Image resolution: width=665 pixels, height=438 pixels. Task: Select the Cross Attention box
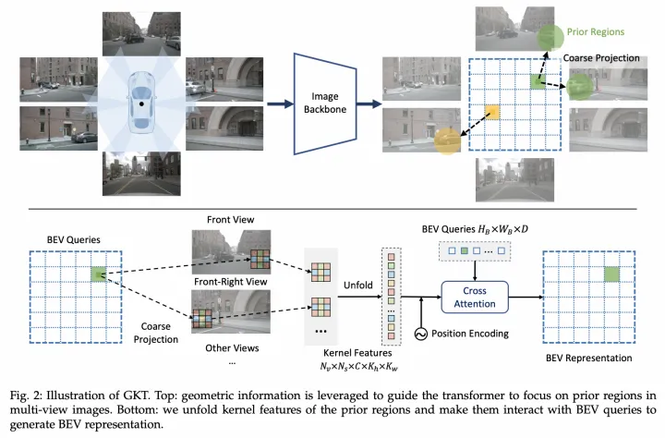click(475, 298)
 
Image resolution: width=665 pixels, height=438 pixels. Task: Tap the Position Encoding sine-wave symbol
click(421, 335)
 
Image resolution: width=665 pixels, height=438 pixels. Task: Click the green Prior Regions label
click(596, 31)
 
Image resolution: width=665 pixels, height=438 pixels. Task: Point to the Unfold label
click(358, 285)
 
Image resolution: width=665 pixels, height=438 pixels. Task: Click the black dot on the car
click(141, 104)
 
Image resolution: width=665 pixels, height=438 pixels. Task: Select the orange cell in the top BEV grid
click(492, 113)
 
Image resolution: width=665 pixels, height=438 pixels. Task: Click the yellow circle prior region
click(447, 140)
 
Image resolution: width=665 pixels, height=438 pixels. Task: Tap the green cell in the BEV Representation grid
click(611, 274)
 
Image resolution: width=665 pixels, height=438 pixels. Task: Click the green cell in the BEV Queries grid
click(99, 274)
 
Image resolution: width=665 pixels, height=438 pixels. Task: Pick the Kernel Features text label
click(357, 353)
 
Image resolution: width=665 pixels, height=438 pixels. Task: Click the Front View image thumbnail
click(231, 252)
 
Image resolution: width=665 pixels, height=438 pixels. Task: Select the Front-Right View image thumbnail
click(231, 311)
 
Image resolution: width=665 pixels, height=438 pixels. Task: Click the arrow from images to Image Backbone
click(280, 103)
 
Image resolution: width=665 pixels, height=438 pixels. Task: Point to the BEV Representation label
click(588, 358)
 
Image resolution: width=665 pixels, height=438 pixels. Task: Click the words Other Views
click(232, 348)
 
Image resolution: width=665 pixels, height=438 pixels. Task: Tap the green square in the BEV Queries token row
click(465, 250)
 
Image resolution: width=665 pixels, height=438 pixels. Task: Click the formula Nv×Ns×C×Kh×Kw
click(358, 367)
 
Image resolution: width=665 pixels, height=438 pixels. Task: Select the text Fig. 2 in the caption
click(26, 395)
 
